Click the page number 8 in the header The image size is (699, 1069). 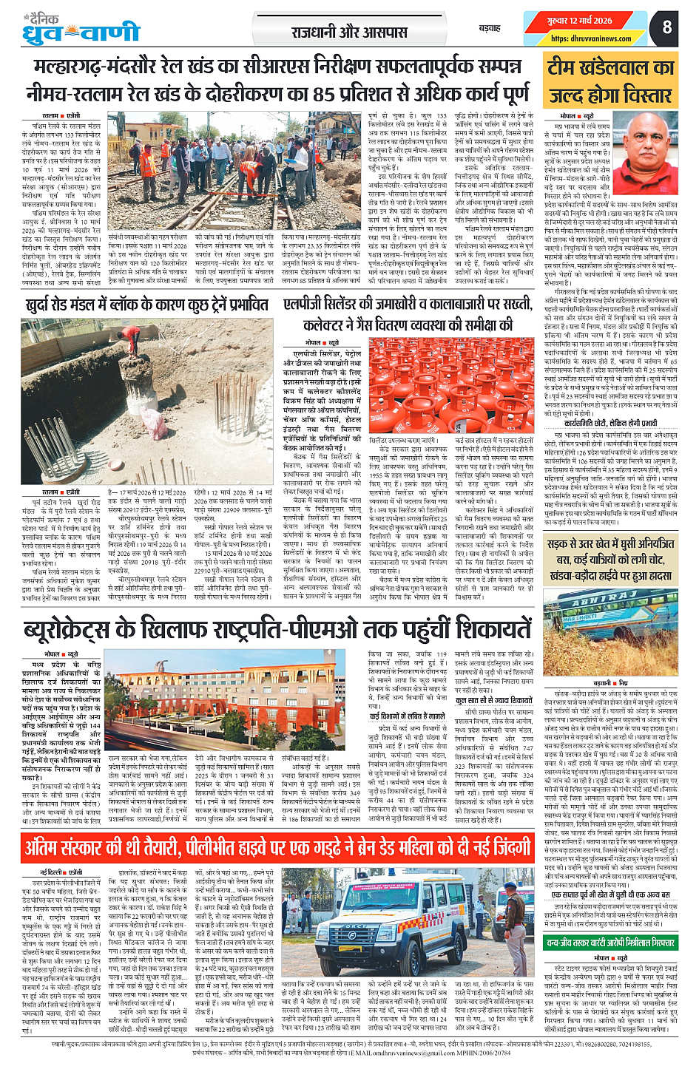[667, 27]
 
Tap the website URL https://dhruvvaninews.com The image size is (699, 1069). [581, 38]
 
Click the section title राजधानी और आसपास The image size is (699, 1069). [349, 33]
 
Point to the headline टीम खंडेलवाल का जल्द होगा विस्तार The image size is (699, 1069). [611, 81]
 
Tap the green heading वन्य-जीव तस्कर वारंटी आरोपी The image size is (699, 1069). [611, 943]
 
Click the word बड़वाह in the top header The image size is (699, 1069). [490, 28]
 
